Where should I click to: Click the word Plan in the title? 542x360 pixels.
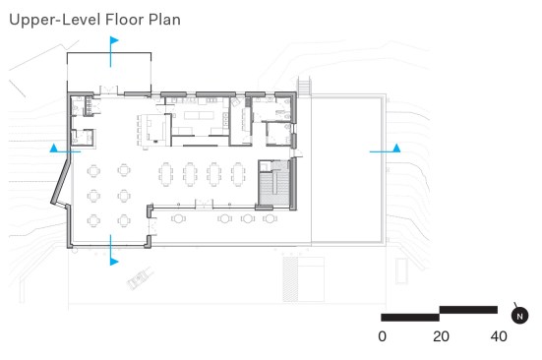[x=164, y=20]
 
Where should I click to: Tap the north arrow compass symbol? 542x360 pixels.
[x=519, y=315]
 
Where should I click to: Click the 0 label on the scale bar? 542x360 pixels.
[x=382, y=336]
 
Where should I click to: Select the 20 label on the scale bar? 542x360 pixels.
[x=441, y=336]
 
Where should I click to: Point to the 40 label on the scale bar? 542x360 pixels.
[x=499, y=336]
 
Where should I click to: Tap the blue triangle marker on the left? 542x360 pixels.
[x=53, y=148]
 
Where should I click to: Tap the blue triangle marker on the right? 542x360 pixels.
[x=396, y=148]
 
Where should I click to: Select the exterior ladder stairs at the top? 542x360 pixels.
[x=305, y=86]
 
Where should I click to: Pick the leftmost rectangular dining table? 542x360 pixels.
[x=166, y=174]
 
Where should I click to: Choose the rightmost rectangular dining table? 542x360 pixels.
[x=238, y=174]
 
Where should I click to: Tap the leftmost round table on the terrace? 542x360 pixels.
[x=178, y=218]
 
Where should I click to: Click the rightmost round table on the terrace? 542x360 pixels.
[x=270, y=218]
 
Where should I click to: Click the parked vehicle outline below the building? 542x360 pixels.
[x=141, y=278]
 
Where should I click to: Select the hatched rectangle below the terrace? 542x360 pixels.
[x=290, y=279]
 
